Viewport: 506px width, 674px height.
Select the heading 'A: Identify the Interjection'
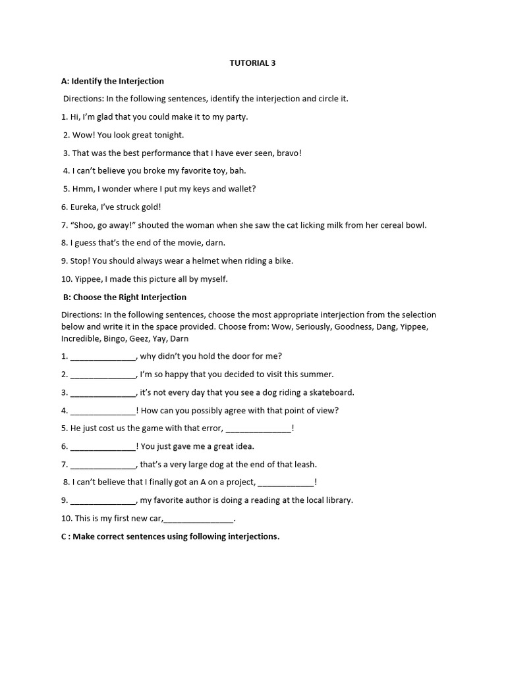click(x=113, y=81)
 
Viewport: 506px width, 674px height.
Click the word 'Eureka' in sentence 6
click(x=84, y=207)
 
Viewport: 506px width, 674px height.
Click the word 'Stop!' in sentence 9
click(x=81, y=261)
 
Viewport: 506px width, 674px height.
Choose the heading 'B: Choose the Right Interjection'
click(x=125, y=297)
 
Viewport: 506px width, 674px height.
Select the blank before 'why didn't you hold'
click(x=102, y=357)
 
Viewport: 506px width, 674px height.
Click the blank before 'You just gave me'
click(x=102, y=446)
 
